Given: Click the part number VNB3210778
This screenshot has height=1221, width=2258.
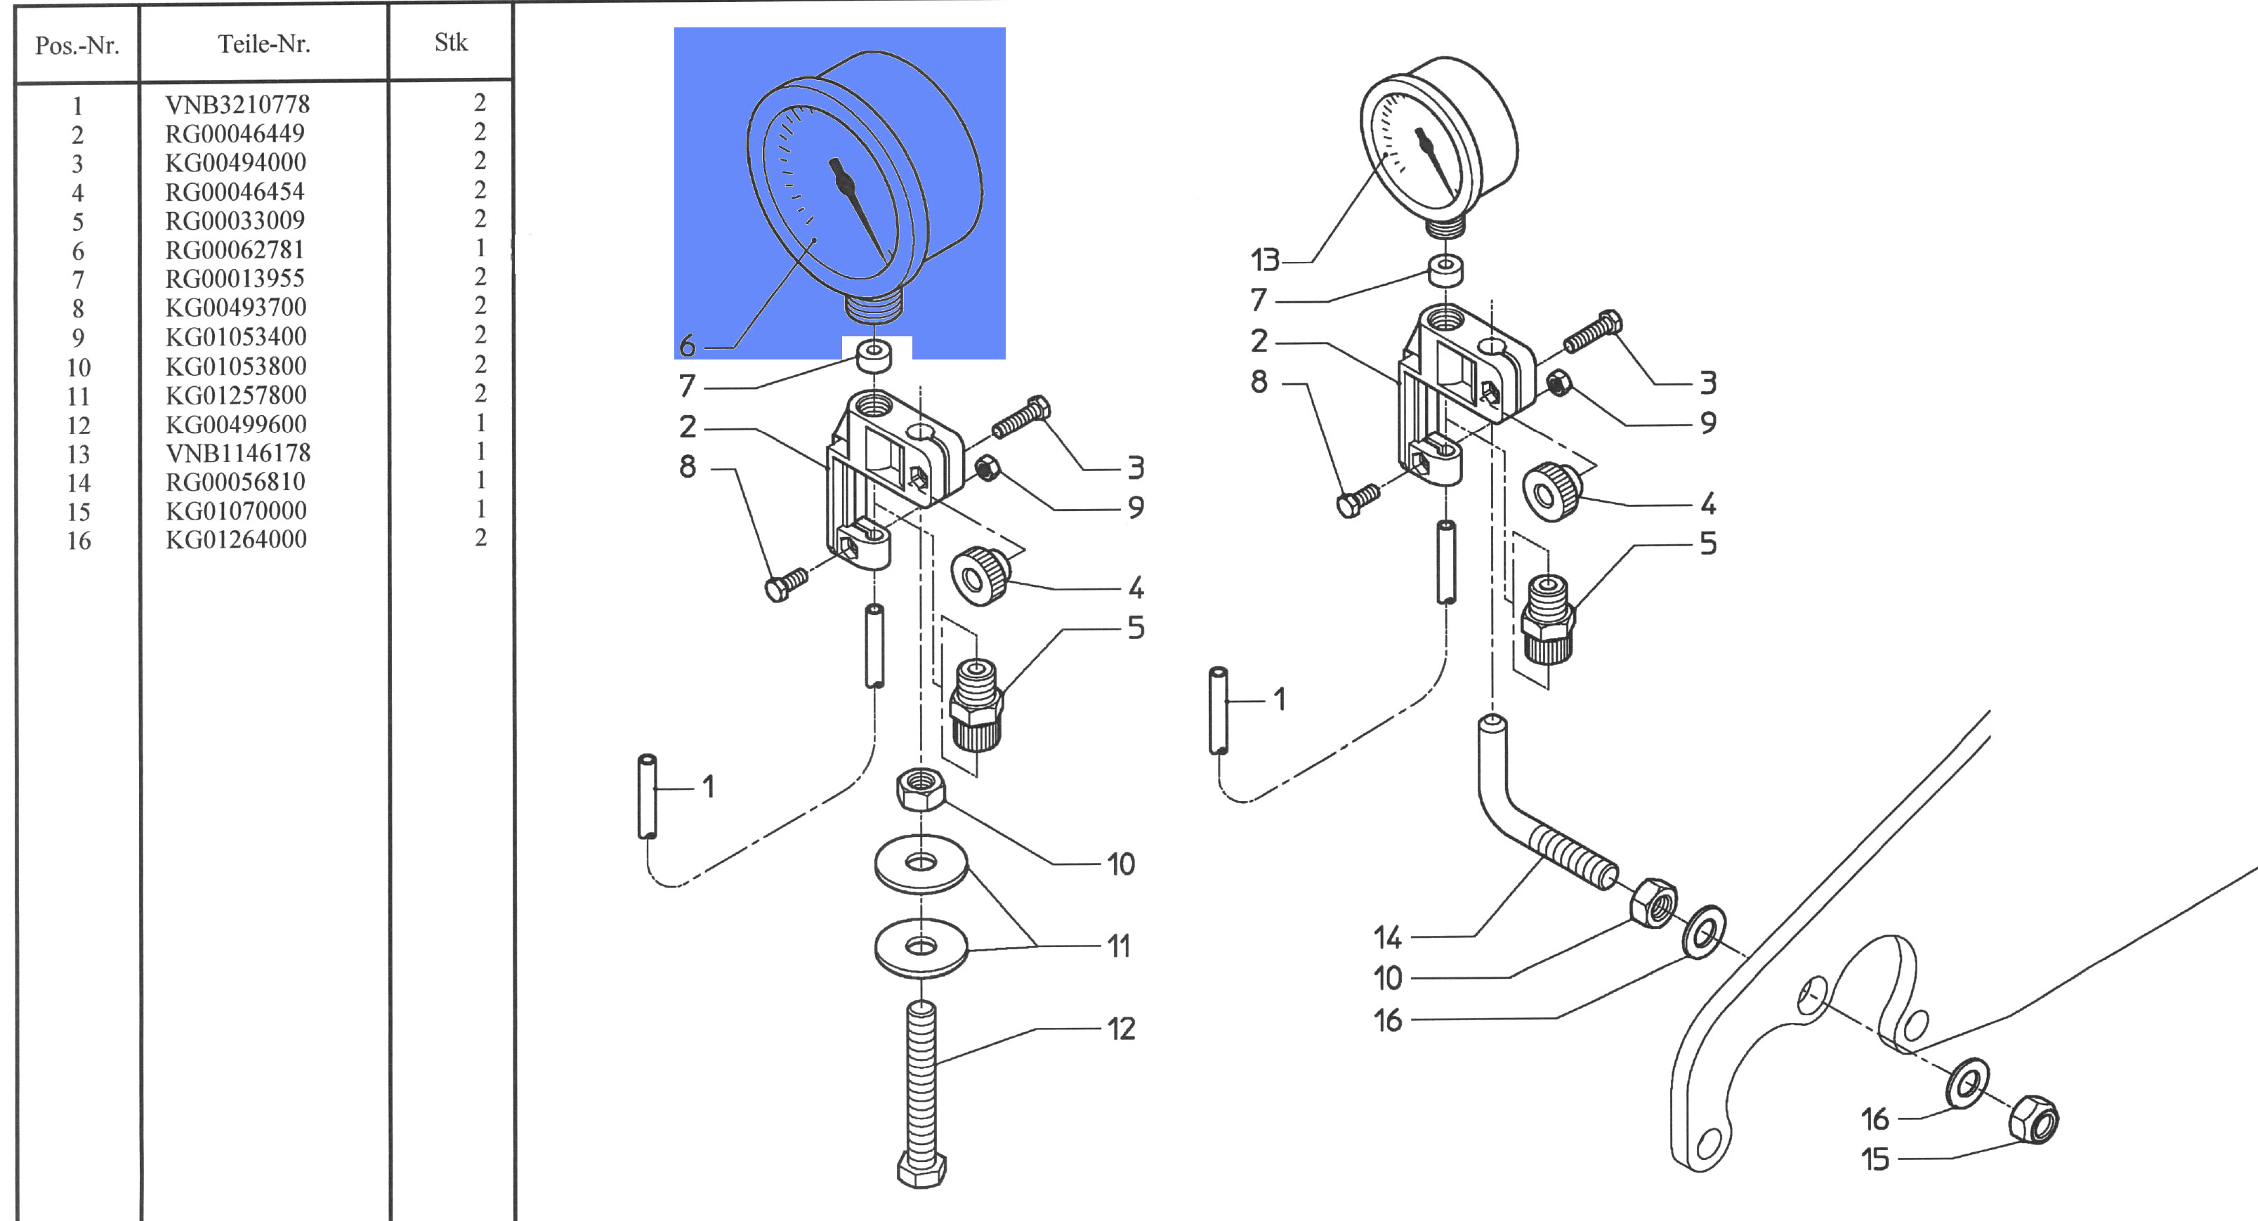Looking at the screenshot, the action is tap(237, 105).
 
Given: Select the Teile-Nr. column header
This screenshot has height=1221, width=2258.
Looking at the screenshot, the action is tap(264, 44).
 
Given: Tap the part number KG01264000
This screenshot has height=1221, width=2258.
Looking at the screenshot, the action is tap(236, 539).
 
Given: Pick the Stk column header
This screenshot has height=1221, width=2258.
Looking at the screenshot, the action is tap(451, 42).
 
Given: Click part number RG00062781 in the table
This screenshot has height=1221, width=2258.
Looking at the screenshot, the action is tap(235, 250).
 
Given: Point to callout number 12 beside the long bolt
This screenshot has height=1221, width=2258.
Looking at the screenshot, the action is tap(1121, 1028).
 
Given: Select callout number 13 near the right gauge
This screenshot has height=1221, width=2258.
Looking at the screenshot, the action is tap(1265, 260).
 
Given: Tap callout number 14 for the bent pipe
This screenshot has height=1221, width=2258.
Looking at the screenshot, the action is tap(1388, 938).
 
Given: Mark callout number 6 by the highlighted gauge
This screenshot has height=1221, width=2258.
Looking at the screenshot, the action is tap(687, 345).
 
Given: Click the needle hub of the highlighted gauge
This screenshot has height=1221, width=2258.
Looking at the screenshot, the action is tap(844, 183).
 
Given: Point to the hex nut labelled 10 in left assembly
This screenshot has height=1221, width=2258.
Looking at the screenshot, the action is tap(920, 788).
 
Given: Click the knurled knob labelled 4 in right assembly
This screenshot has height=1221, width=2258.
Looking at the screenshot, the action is tap(1552, 493).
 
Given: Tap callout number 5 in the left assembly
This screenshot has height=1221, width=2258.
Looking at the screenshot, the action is tap(1136, 628).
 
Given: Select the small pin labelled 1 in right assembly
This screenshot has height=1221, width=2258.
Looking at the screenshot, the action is tap(1219, 710).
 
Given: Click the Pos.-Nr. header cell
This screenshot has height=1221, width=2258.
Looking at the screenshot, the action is tap(77, 45).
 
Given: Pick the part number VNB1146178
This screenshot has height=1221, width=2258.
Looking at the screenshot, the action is tap(237, 453).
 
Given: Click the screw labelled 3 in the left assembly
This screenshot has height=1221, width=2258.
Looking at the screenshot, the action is tap(1021, 417).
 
